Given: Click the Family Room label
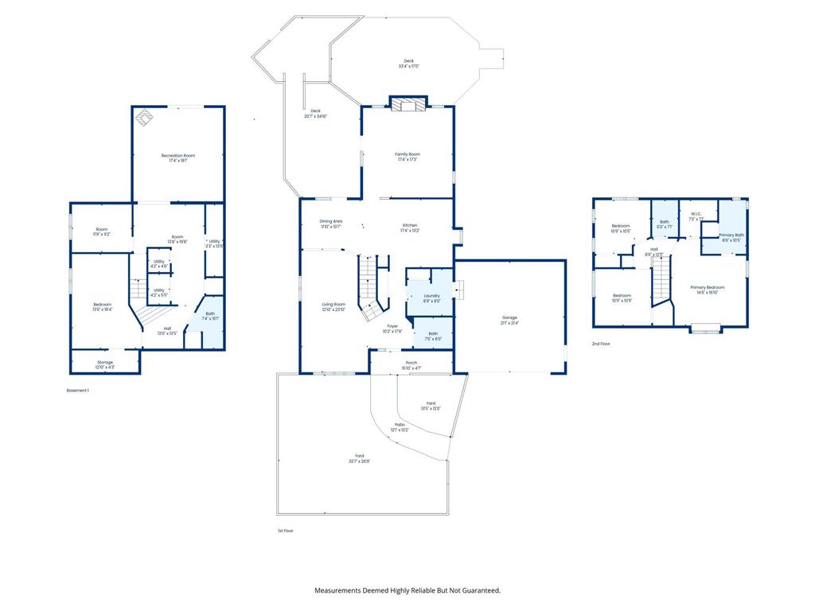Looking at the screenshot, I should (x=407, y=154).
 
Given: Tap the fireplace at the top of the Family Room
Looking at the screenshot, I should (x=407, y=103).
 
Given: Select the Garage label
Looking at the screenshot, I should (x=509, y=317).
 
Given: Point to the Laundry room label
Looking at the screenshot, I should (x=431, y=295).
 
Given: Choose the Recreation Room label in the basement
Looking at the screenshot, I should (x=177, y=155).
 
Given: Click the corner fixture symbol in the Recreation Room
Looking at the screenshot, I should (x=143, y=118).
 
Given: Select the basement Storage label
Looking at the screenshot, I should (x=105, y=362).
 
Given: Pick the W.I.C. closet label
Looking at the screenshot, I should (x=696, y=213).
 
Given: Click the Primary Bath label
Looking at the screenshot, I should (x=731, y=235).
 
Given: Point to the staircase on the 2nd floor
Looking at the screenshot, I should (x=661, y=282).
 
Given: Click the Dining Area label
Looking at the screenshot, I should (x=330, y=221).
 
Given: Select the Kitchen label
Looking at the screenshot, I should (x=409, y=225).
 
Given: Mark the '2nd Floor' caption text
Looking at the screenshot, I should (x=601, y=343).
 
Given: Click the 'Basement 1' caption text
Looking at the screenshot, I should (x=77, y=391).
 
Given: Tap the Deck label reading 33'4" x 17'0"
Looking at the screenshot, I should (x=408, y=60).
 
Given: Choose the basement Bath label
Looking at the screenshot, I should (x=210, y=313).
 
